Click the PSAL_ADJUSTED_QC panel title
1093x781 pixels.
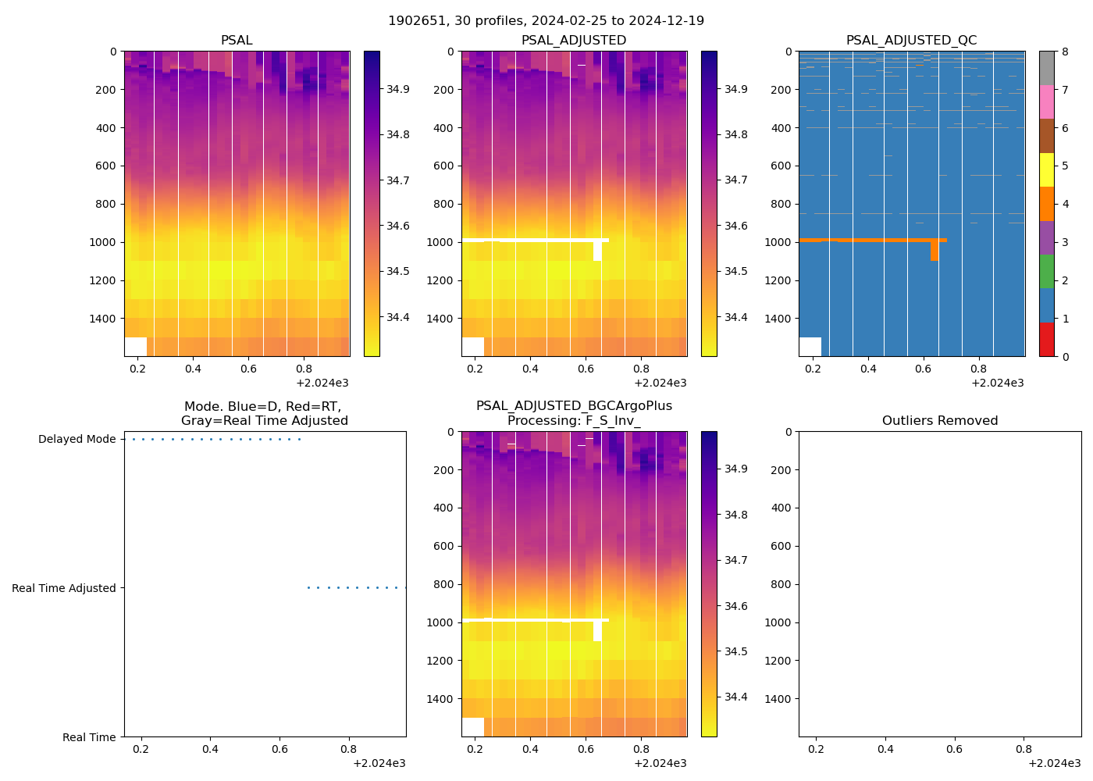click(x=911, y=41)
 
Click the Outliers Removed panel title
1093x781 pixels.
click(x=940, y=421)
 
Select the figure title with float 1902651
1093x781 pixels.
click(x=546, y=21)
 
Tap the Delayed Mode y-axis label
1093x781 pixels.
click(x=77, y=440)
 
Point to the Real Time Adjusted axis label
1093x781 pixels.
click(x=63, y=588)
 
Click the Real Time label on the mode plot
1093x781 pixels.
click(x=89, y=737)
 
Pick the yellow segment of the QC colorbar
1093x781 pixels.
click(x=1046, y=169)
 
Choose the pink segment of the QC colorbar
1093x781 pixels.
click(x=1046, y=102)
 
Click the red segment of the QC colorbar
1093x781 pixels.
click(x=1046, y=340)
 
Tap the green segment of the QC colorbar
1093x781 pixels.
click(x=1046, y=272)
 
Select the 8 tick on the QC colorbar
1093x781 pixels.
click(x=1065, y=52)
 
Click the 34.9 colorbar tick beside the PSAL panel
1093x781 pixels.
click(x=398, y=89)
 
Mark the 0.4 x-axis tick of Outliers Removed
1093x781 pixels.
click(x=885, y=749)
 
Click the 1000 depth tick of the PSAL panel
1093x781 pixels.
click(x=104, y=242)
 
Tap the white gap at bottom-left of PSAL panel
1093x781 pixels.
click(x=135, y=347)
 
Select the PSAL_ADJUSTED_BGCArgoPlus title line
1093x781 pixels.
click(x=574, y=406)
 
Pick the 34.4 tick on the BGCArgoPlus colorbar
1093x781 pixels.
click(x=735, y=697)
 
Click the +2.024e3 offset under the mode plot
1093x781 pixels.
click(x=379, y=763)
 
